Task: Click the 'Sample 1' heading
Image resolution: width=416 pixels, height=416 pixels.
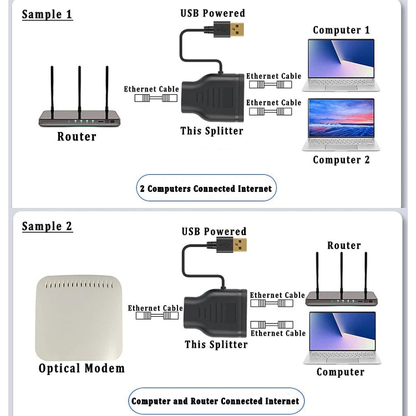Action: click(x=47, y=14)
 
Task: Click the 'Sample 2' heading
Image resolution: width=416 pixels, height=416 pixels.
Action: click(x=47, y=226)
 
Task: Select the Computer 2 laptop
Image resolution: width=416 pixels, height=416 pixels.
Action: click(x=341, y=124)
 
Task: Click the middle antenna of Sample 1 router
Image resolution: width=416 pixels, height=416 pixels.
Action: click(x=79, y=89)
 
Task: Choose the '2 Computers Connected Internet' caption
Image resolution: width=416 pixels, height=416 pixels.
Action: click(x=206, y=189)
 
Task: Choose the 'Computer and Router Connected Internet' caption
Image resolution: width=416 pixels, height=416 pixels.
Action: click(x=215, y=401)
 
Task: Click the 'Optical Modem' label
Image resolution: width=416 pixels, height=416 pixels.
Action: click(x=82, y=368)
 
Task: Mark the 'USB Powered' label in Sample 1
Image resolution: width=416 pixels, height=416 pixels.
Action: click(x=212, y=13)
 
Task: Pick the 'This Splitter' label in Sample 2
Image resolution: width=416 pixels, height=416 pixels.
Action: click(x=216, y=344)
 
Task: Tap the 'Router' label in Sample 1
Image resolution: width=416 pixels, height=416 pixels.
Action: click(x=77, y=136)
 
